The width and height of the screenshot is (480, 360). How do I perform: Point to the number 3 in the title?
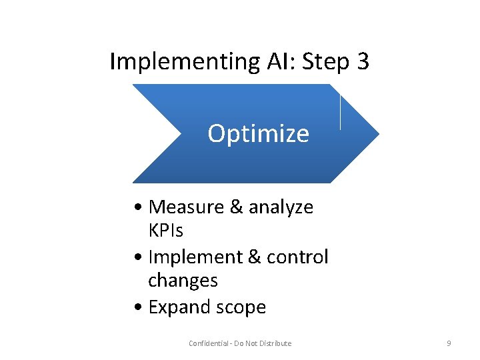pos(363,62)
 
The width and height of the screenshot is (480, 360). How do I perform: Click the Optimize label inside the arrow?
pos(258,134)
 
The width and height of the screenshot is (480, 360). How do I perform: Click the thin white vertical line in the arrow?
pos(341,112)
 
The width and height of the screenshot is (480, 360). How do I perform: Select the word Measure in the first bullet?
pos(187,207)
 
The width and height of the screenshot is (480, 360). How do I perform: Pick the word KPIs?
pos(166,231)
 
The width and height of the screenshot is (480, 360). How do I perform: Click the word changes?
pos(183,281)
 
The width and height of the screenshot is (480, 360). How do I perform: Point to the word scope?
pos(239,307)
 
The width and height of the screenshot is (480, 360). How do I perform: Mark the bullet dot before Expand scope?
pos(137,307)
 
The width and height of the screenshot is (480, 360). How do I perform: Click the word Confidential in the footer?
pos(209,343)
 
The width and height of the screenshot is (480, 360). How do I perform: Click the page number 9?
pos(449,343)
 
